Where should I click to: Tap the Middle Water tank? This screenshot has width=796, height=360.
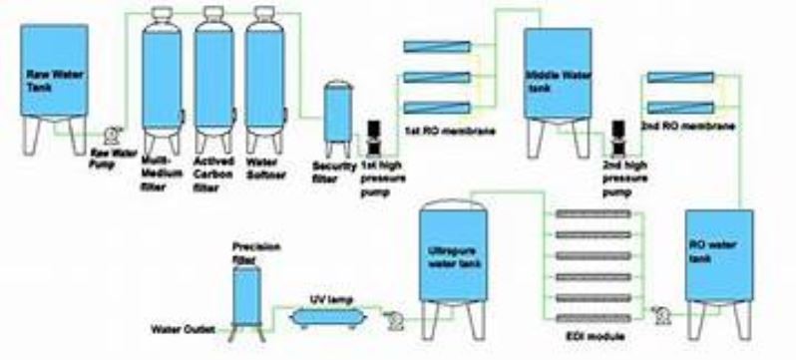553,75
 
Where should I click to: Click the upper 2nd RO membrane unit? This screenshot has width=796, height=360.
677,78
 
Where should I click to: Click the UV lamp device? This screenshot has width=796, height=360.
326,315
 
